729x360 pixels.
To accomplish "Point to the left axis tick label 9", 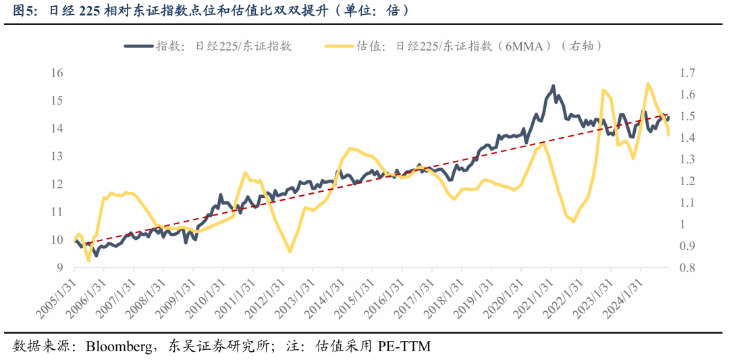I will click(59, 268).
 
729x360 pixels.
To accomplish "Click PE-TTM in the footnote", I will click(403, 346).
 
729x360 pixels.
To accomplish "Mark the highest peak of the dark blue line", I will click(553, 86).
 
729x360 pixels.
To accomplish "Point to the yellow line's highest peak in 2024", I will click(647, 84).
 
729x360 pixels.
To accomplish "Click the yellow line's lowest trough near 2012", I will click(290, 251).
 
